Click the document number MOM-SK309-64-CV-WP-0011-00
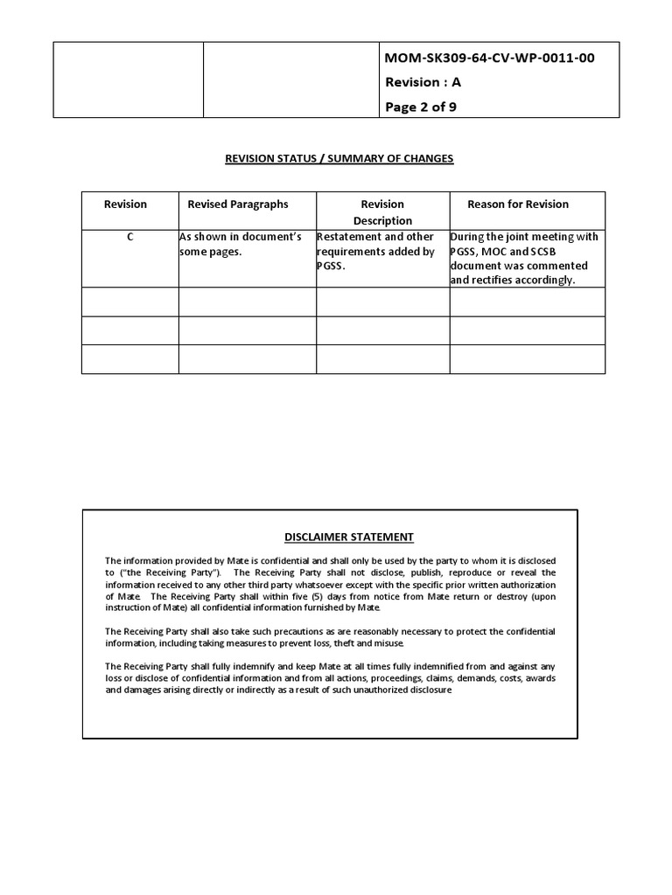click(x=490, y=58)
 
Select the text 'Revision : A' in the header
click(x=423, y=82)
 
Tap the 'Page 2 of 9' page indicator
click(x=421, y=108)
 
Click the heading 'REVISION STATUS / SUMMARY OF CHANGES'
click(x=339, y=158)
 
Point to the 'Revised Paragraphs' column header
click(x=238, y=205)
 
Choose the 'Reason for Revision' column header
click(x=518, y=205)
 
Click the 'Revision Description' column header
click(x=382, y=212)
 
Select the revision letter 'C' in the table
click(x=129, y=237)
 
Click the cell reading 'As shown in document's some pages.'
click(x=241, y=244)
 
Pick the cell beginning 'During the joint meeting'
click(x=525, y=259)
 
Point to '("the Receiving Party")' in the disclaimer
click(x=168, y=572)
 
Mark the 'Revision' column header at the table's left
click(x=126, y=205)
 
